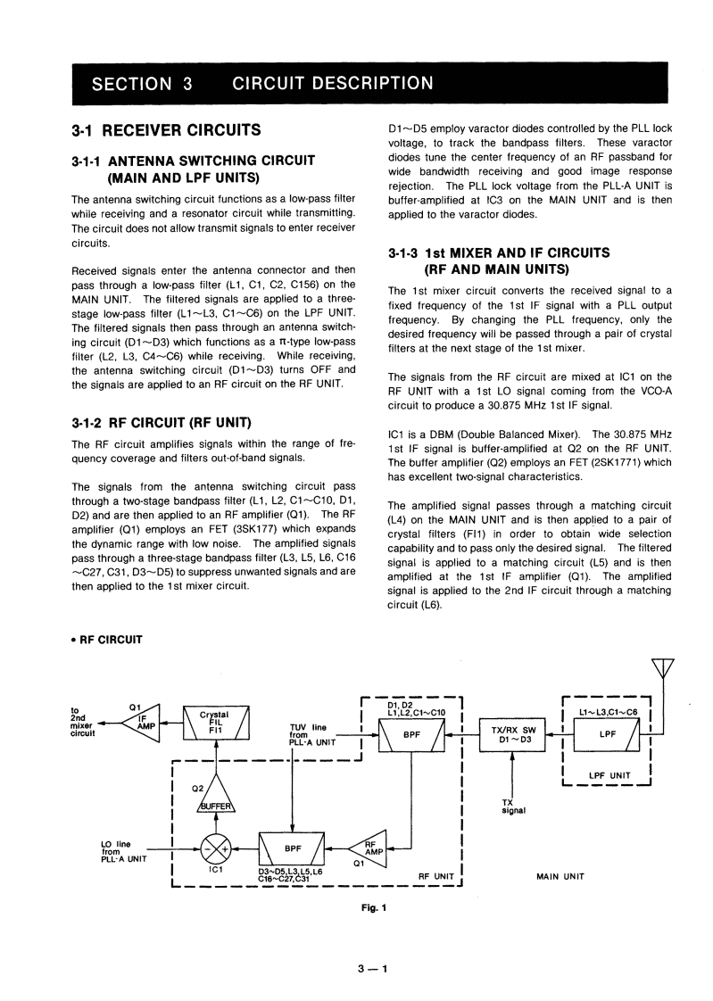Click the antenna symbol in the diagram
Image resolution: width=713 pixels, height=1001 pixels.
tap(661, 668)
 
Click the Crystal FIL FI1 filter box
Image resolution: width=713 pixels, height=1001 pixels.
tap(215, 723)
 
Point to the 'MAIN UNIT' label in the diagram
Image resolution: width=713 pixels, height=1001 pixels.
tap(560, 876)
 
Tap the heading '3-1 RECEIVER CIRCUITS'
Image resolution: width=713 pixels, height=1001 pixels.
tap(166, 131)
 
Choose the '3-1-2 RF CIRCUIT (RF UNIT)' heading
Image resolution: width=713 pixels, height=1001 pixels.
tap(160, 421)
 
